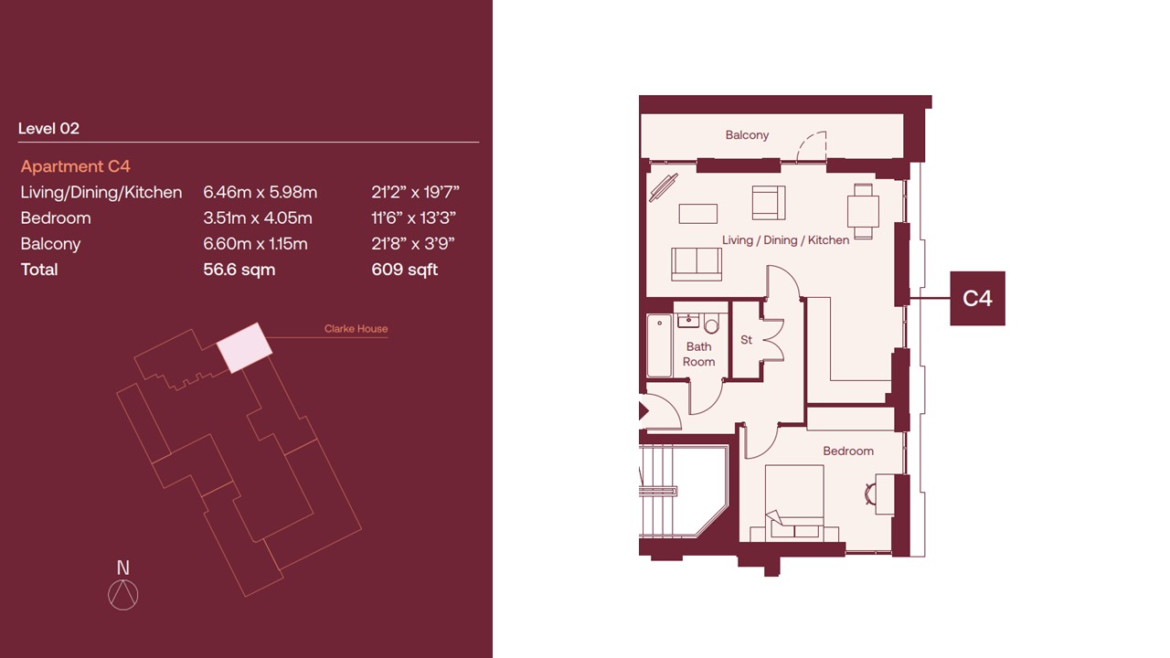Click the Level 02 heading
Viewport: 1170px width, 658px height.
48,129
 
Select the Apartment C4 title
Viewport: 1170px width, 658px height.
75,166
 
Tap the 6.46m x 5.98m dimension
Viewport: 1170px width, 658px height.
261,192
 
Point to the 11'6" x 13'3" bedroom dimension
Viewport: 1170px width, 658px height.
414,218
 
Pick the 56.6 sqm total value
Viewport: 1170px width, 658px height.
239,270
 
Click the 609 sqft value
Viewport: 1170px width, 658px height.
405,270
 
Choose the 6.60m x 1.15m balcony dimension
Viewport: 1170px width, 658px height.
255,244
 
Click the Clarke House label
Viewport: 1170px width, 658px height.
356,328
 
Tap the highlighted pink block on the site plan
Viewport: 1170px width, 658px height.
244,348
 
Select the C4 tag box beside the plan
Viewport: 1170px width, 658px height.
977,298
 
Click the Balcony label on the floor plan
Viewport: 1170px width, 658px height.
747,134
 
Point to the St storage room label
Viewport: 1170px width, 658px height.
746,340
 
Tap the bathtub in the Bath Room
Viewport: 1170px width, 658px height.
659,345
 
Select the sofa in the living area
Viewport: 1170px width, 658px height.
697,264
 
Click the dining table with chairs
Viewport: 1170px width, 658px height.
863,211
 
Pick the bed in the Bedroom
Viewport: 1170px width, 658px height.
794,503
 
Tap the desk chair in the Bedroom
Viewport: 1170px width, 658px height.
870,494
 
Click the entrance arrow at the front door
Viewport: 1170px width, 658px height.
643,411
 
